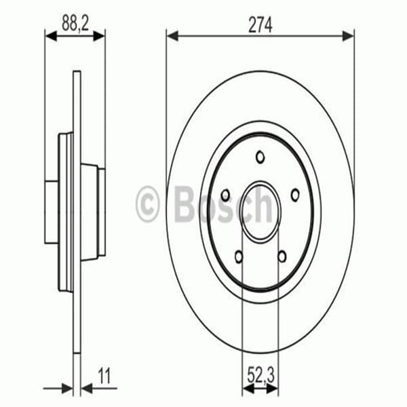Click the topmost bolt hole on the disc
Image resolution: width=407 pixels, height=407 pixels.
click(260, 157)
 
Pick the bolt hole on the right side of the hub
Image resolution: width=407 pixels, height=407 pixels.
click(295, 195)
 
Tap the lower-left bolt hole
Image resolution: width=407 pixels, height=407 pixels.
click(239, 256)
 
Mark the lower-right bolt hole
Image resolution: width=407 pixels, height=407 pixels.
click(282, 256)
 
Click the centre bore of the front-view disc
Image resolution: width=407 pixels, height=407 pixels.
click(260, 212)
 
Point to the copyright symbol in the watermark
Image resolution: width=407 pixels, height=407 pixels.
click(148, 203)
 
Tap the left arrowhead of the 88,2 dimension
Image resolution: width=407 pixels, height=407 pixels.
click(50, 35)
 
